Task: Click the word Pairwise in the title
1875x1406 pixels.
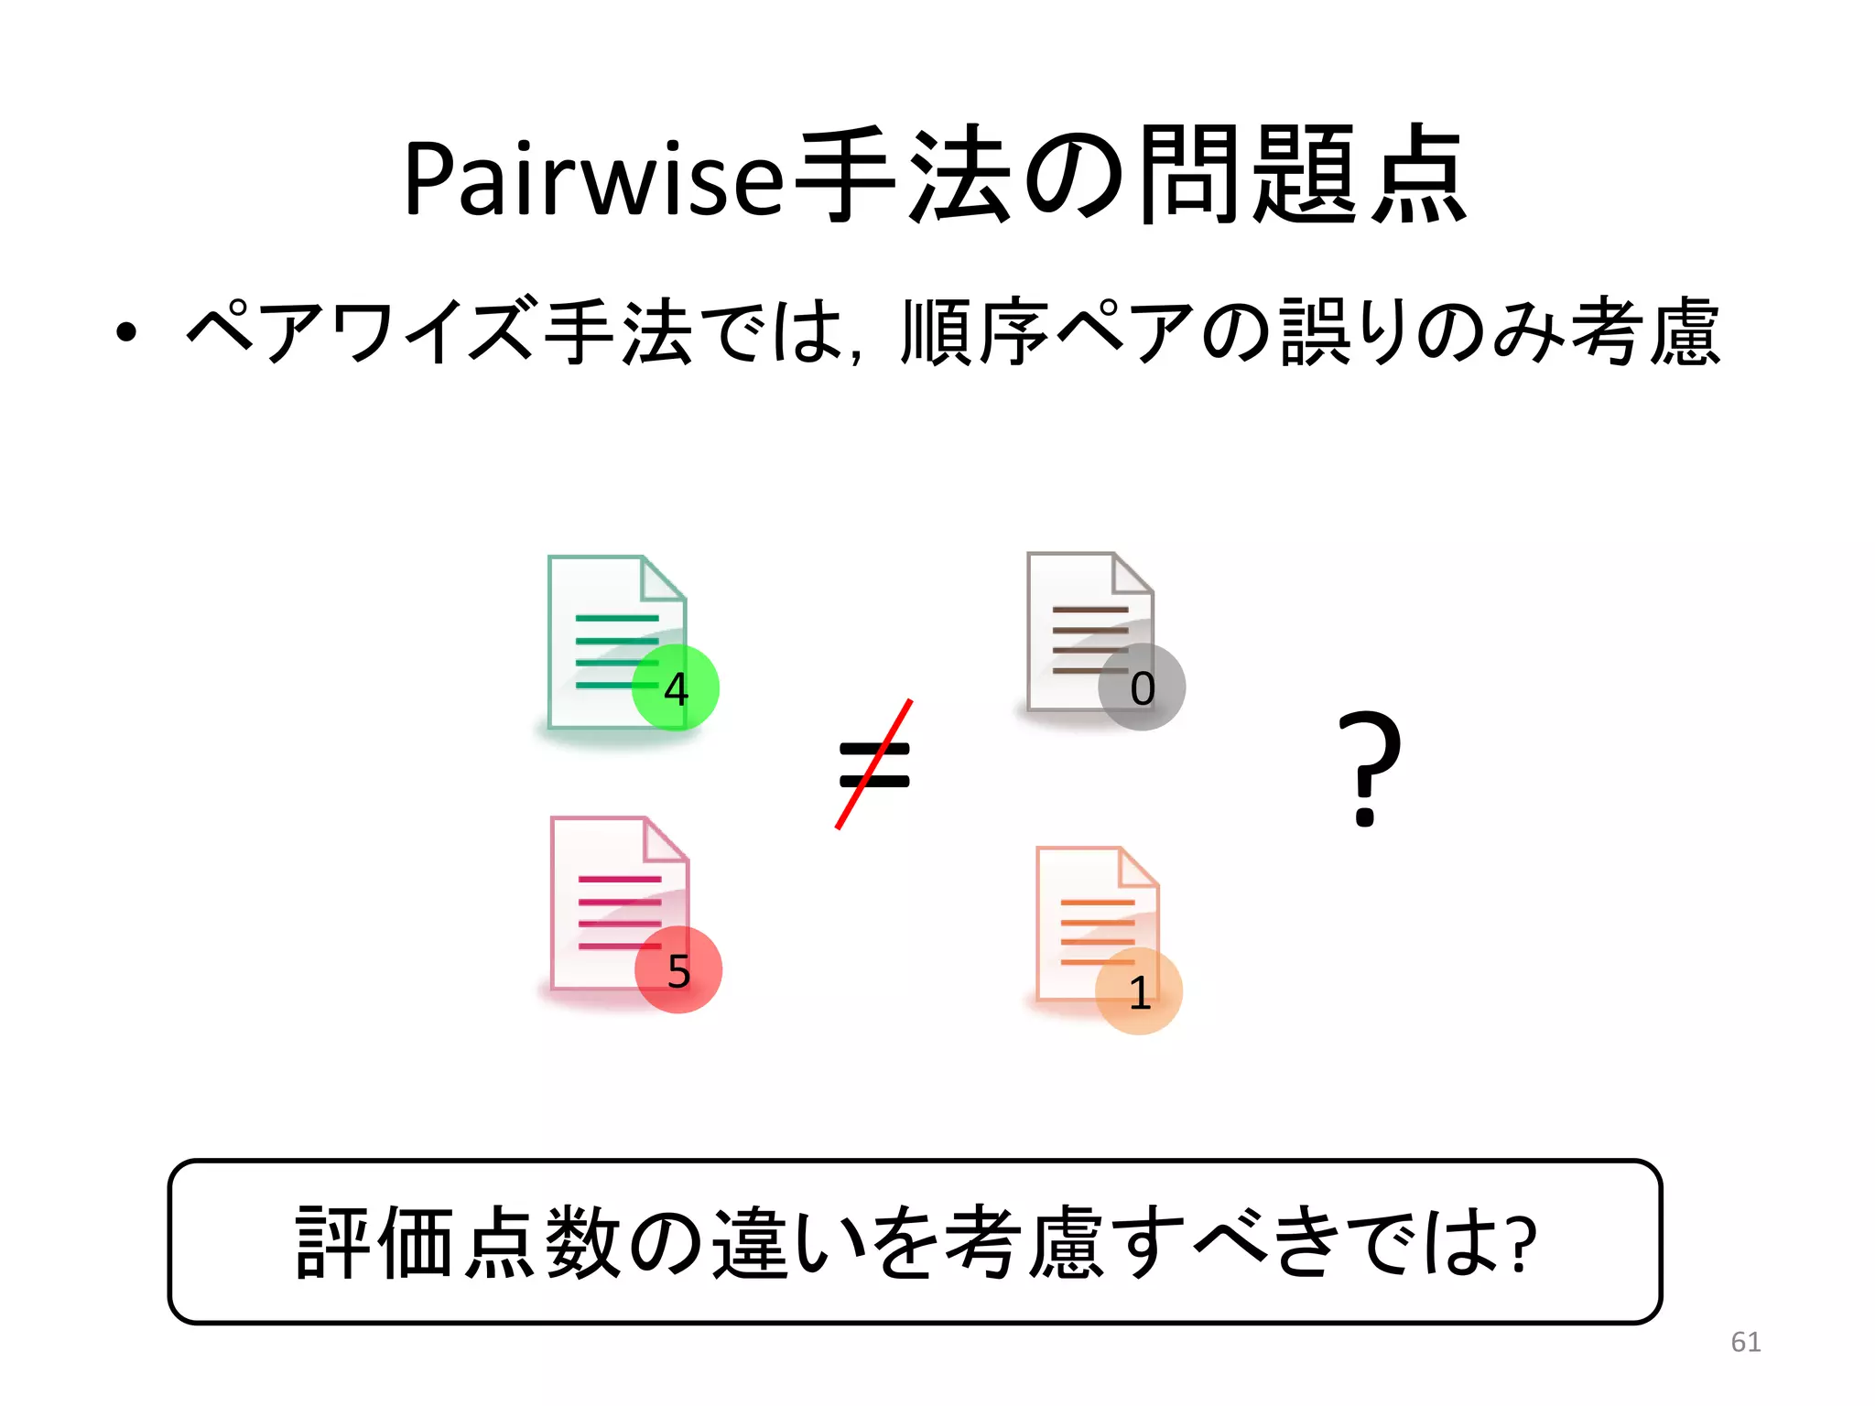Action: coord(593,178)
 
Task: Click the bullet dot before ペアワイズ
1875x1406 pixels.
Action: coord(126,333)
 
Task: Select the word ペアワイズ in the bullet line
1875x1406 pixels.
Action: coord(357,331)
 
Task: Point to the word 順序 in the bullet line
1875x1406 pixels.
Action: coord(974,331)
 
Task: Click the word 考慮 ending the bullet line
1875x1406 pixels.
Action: coord(1645,331)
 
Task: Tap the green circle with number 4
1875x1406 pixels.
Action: coord(676,687)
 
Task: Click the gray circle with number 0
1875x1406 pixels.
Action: coord(1142,687)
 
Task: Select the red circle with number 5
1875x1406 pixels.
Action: coord(678,969)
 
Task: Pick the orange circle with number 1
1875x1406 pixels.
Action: coord(1139,991)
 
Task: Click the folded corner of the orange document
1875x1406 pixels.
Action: coord(1138,868)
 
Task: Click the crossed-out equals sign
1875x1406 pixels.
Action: coord(874,764)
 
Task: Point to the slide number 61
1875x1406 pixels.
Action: coord(1745,1342)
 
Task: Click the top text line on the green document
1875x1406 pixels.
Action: coord(616,619)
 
